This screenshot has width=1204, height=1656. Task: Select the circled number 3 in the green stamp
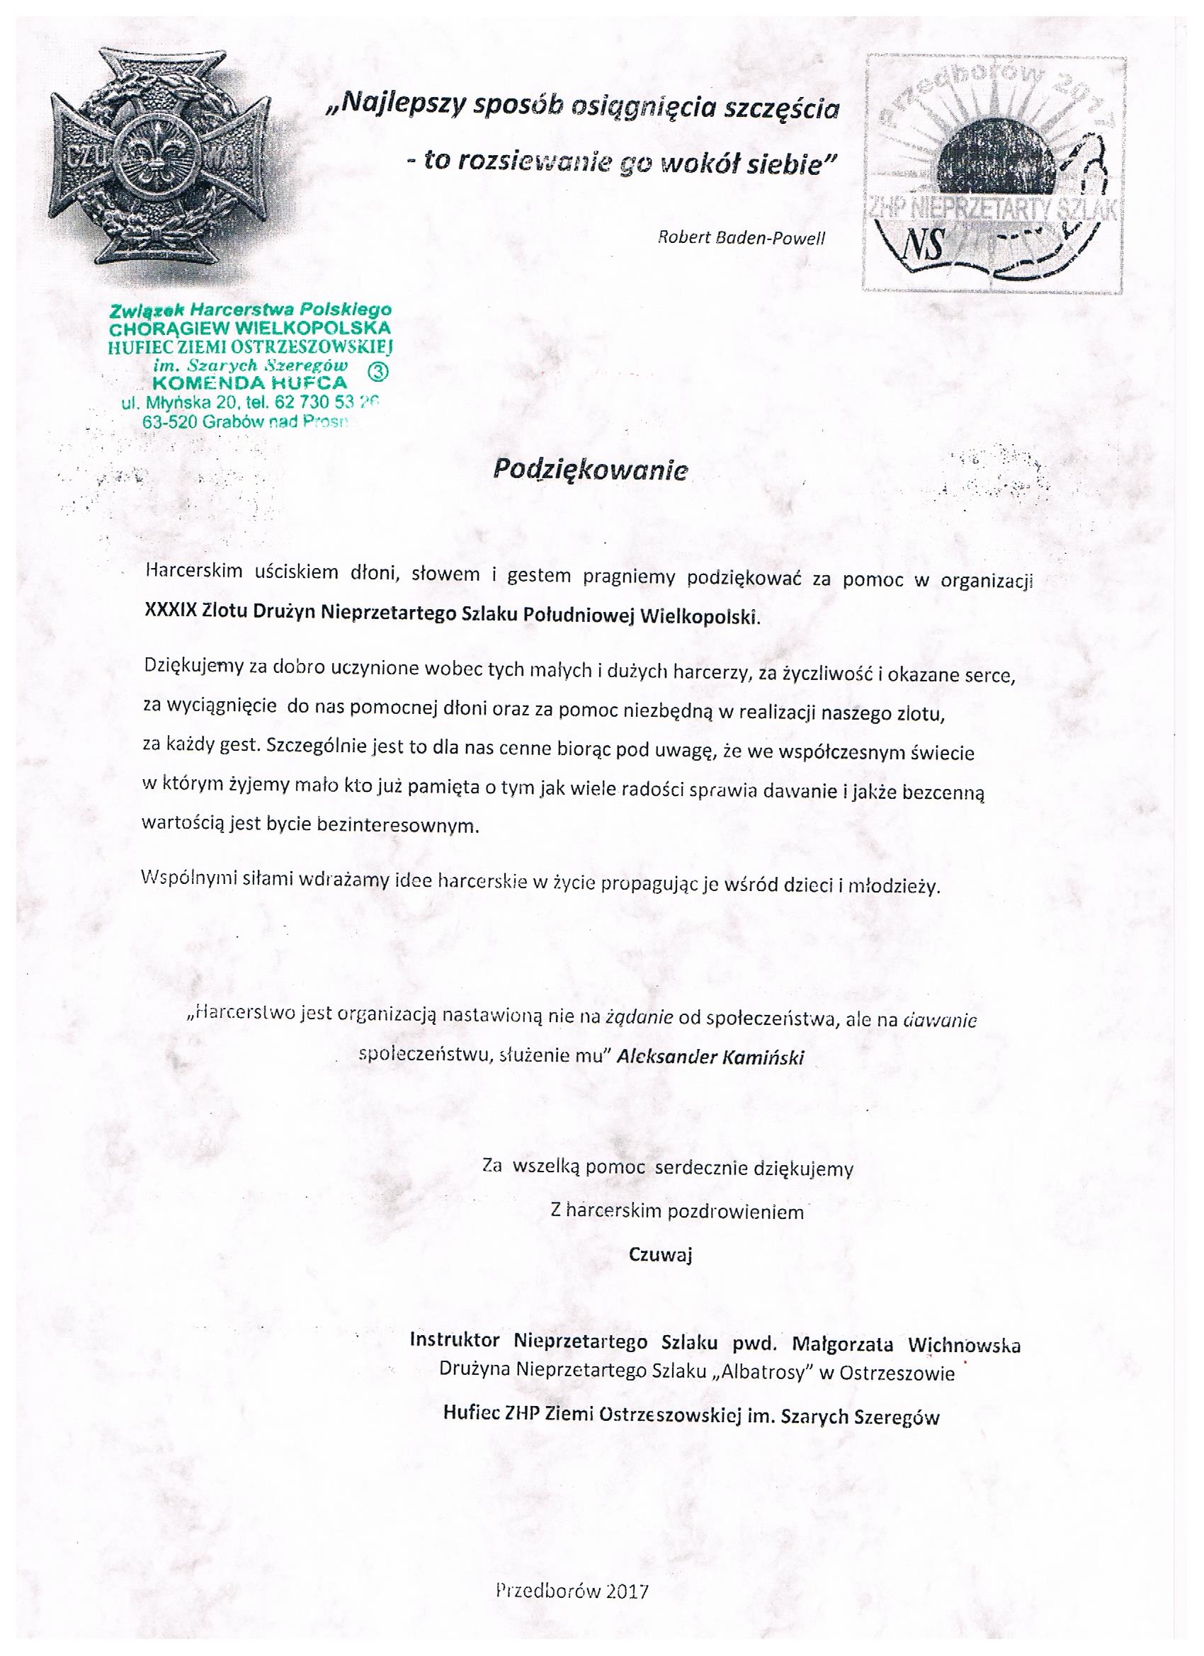[x=380, y=371]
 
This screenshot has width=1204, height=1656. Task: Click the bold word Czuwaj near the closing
[x=660, y=1254]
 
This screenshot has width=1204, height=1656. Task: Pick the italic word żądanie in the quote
[x=639, y=1019]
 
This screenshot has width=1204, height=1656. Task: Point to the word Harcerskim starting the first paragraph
[x=193, y=572]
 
